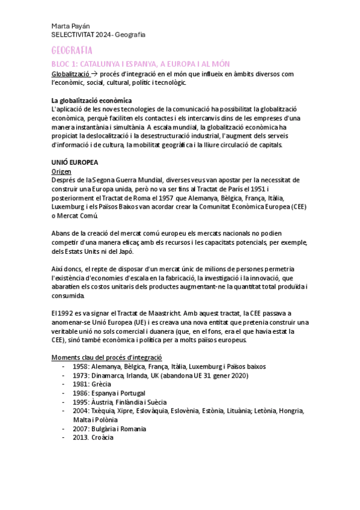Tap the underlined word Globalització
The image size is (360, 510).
pos(73,73)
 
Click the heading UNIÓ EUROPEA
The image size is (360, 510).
pos(75,163)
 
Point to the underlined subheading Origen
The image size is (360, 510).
pos(62,171)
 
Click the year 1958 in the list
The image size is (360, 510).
pos(82,366)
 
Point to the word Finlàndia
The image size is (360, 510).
pos(136,402)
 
